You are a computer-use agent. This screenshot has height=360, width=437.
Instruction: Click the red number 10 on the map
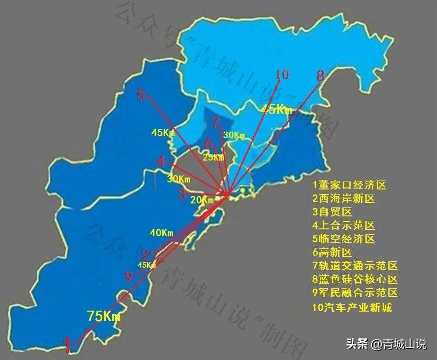tap(282, 75)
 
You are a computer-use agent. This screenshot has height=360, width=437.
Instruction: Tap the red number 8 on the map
tap(320, 76)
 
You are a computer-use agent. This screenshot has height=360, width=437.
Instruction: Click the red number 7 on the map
tap(215, 122)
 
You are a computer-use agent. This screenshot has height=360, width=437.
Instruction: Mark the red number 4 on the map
tap(161, 161)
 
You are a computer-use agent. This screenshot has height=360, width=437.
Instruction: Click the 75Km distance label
tap(104, 316)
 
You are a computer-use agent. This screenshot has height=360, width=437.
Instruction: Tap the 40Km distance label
tap(161, 233)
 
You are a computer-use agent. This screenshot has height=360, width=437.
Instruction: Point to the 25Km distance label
tap(214, 158)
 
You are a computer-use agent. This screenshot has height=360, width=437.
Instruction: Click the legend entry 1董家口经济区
tap(349, 185)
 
